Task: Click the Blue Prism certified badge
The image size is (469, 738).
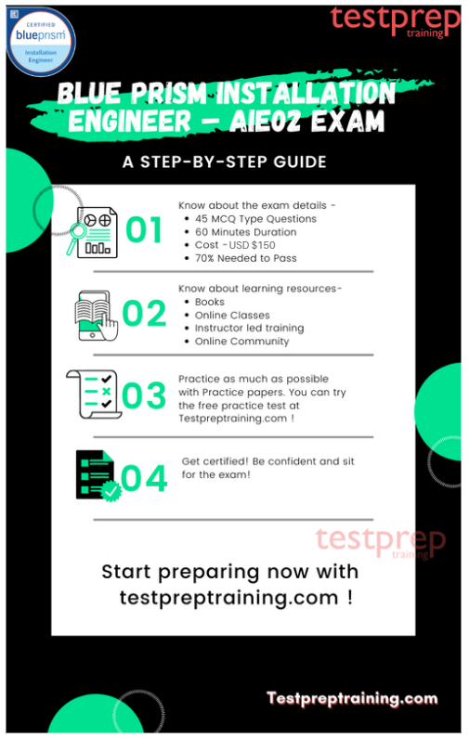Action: click(x=41, y=42)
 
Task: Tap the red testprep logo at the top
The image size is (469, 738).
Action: click(x=395, y=21)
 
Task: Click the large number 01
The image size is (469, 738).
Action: click(x=144, y=229)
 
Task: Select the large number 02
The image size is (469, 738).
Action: click(x=144, y=313)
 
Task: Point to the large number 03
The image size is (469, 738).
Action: click(x=144, y=395)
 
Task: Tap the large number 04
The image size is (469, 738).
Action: click(x=144, y=479)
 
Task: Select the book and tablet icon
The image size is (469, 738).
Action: click(x=96, y=316)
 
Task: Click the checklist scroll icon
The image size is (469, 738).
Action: click(x=94, y=395)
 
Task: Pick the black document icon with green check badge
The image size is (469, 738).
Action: click(x=98, y=476)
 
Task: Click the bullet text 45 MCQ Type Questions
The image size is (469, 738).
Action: click(x=255, y=219)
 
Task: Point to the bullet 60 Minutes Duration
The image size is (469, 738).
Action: click(x=246, y=232)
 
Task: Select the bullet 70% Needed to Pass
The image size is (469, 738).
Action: click(x=246, y=258)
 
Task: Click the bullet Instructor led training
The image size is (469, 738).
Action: click(x=250, y=328)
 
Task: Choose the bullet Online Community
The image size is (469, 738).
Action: click(x=242, y=342)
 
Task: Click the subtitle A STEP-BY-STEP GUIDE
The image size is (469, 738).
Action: click(x=224, y=162)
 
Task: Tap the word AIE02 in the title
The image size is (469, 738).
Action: click(x=265, y=121)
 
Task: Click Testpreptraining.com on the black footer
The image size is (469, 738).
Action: click(x=352, y=698)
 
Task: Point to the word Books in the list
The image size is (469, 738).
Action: click(x=210, y=302)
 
